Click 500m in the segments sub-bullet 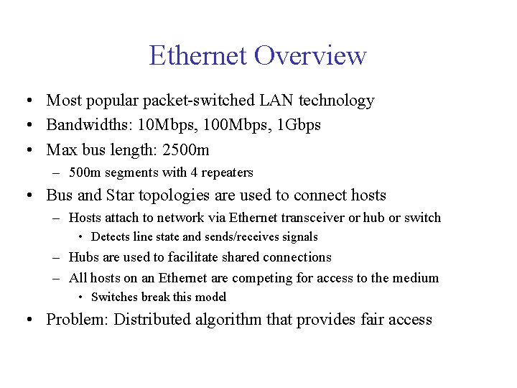(83, 172)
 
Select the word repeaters (228, 172)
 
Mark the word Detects (111, 237)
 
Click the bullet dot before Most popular (27, 101)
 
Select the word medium (416, 278)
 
